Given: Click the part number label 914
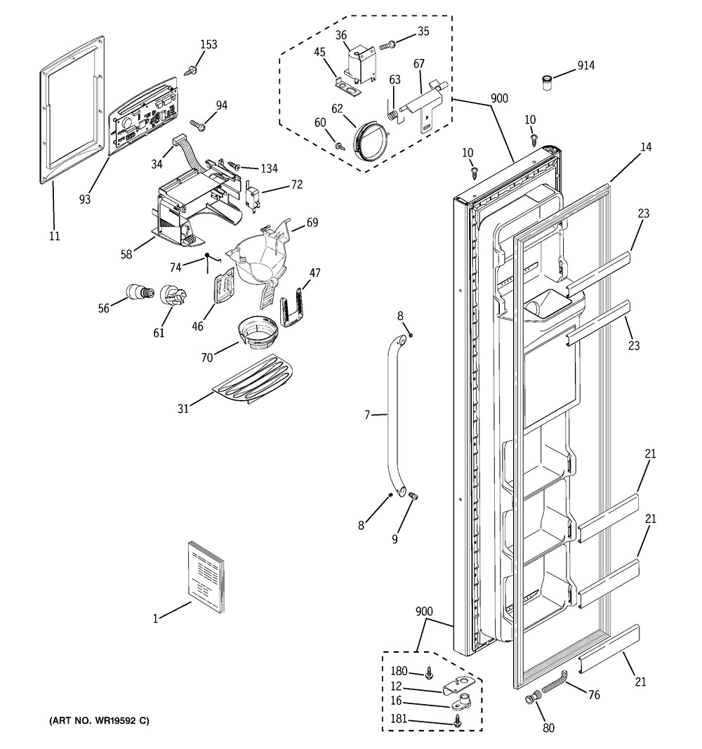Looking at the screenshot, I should click(586, 66).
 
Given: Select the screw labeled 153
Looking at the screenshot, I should click(190, 69).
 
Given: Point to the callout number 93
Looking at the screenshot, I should click(85, 199).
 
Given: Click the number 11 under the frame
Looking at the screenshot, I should click(54, 236).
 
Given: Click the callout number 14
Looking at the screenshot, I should click(645, 147).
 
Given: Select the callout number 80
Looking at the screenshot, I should click(548, 728).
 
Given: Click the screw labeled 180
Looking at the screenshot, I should click(430, 675).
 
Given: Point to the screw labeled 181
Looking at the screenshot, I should click(458, 722).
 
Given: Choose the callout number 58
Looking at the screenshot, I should click(126, 254).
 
